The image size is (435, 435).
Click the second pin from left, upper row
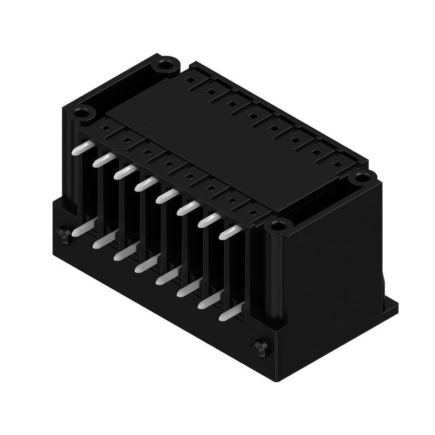[103, 160]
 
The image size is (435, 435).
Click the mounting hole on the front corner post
[278, 225]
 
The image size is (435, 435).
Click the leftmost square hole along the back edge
[188, 80]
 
